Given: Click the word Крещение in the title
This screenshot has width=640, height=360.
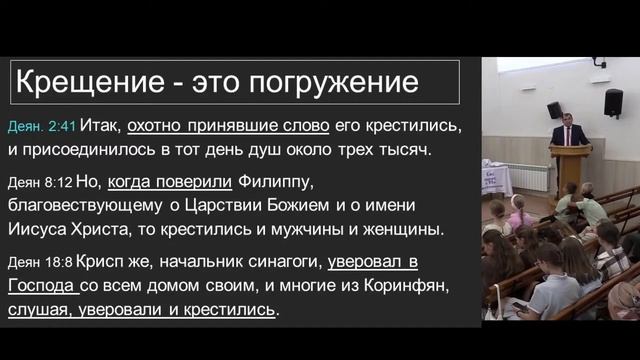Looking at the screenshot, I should (x=83, y=82).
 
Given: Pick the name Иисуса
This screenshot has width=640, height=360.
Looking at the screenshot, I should (x=49, y=229).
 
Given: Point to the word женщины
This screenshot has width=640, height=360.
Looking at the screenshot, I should (x=403, y=229).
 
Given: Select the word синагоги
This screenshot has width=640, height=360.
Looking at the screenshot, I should (x=281, y=263).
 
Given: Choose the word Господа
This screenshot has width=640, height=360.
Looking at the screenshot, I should (x=42, y=286).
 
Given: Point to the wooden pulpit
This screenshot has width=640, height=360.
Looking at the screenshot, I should (x=569, y=168).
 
